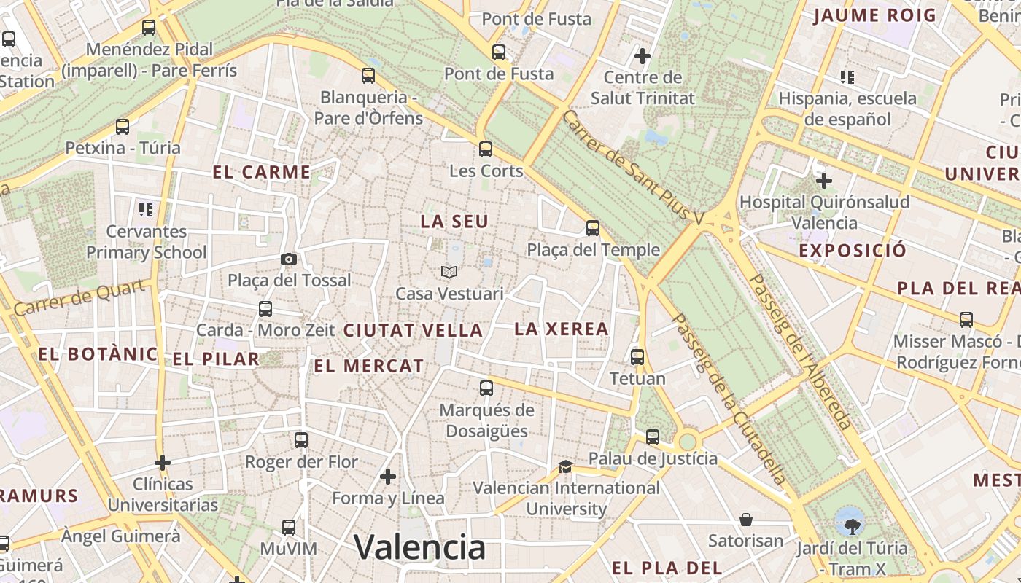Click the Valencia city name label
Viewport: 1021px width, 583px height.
419,547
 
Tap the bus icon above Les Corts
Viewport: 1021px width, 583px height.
486,149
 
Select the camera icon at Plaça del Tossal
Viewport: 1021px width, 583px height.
289,259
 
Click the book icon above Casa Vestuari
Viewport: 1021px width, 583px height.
449,272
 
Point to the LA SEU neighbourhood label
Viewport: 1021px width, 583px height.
454,221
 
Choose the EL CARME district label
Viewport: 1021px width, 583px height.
262,173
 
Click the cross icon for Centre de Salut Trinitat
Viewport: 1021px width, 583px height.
643,55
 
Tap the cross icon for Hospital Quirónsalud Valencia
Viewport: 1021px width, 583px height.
824,180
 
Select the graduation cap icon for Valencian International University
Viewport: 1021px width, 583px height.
565,466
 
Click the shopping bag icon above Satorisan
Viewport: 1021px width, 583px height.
746,520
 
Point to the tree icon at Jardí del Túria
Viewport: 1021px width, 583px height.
850,522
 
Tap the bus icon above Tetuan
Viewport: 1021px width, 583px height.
637,357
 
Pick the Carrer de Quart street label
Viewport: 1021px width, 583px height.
78,298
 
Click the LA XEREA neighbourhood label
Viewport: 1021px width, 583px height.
562,329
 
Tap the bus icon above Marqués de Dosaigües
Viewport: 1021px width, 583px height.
486,388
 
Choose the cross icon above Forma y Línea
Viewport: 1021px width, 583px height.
388,477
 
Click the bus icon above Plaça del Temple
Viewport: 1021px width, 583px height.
593,228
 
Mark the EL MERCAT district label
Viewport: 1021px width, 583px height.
368,366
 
